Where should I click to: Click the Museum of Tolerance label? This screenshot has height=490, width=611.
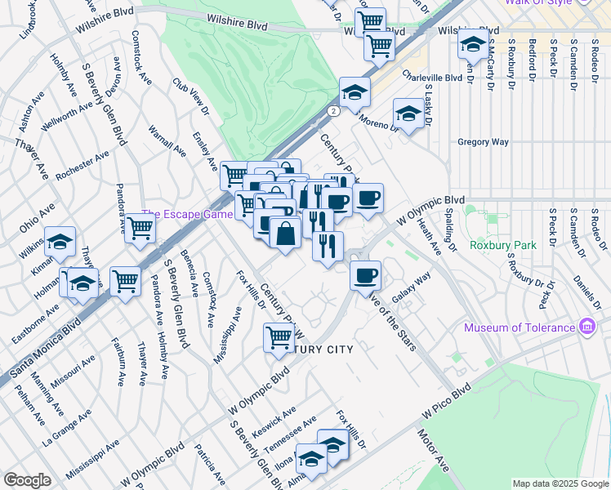pos(520,328)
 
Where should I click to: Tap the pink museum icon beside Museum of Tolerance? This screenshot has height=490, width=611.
pos(586,327)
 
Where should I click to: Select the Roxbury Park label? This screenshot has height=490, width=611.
pos(501,244)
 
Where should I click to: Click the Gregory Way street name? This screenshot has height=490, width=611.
pos(484,142)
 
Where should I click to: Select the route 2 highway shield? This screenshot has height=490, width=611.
pos(333,110)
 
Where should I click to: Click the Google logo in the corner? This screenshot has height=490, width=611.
pos(28,480)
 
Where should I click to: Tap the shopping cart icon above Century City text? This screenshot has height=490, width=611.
pos(279,336)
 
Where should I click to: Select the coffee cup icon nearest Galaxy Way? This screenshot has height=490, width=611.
pos(366,274)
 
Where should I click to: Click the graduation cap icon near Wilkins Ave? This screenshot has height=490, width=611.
pos(60,241)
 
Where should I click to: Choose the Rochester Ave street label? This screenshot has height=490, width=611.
pos(83,168)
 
